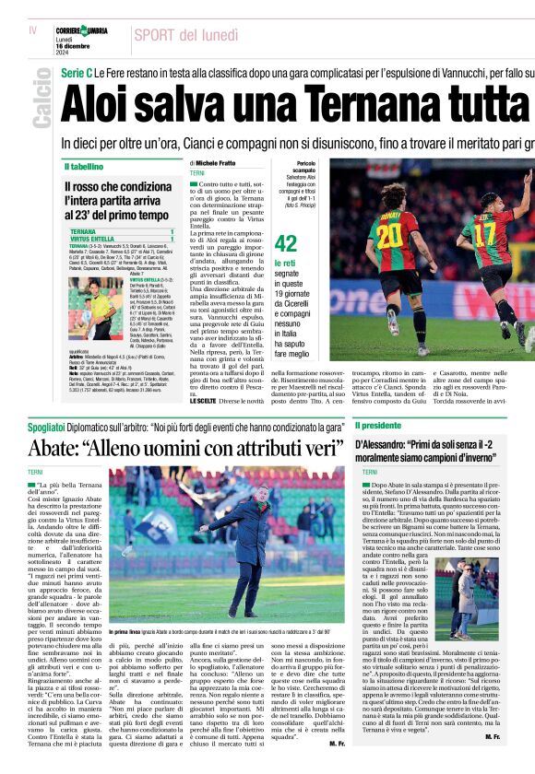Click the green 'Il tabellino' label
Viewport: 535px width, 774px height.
[84, 167]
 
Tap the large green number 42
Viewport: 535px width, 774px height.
[286, 243]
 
